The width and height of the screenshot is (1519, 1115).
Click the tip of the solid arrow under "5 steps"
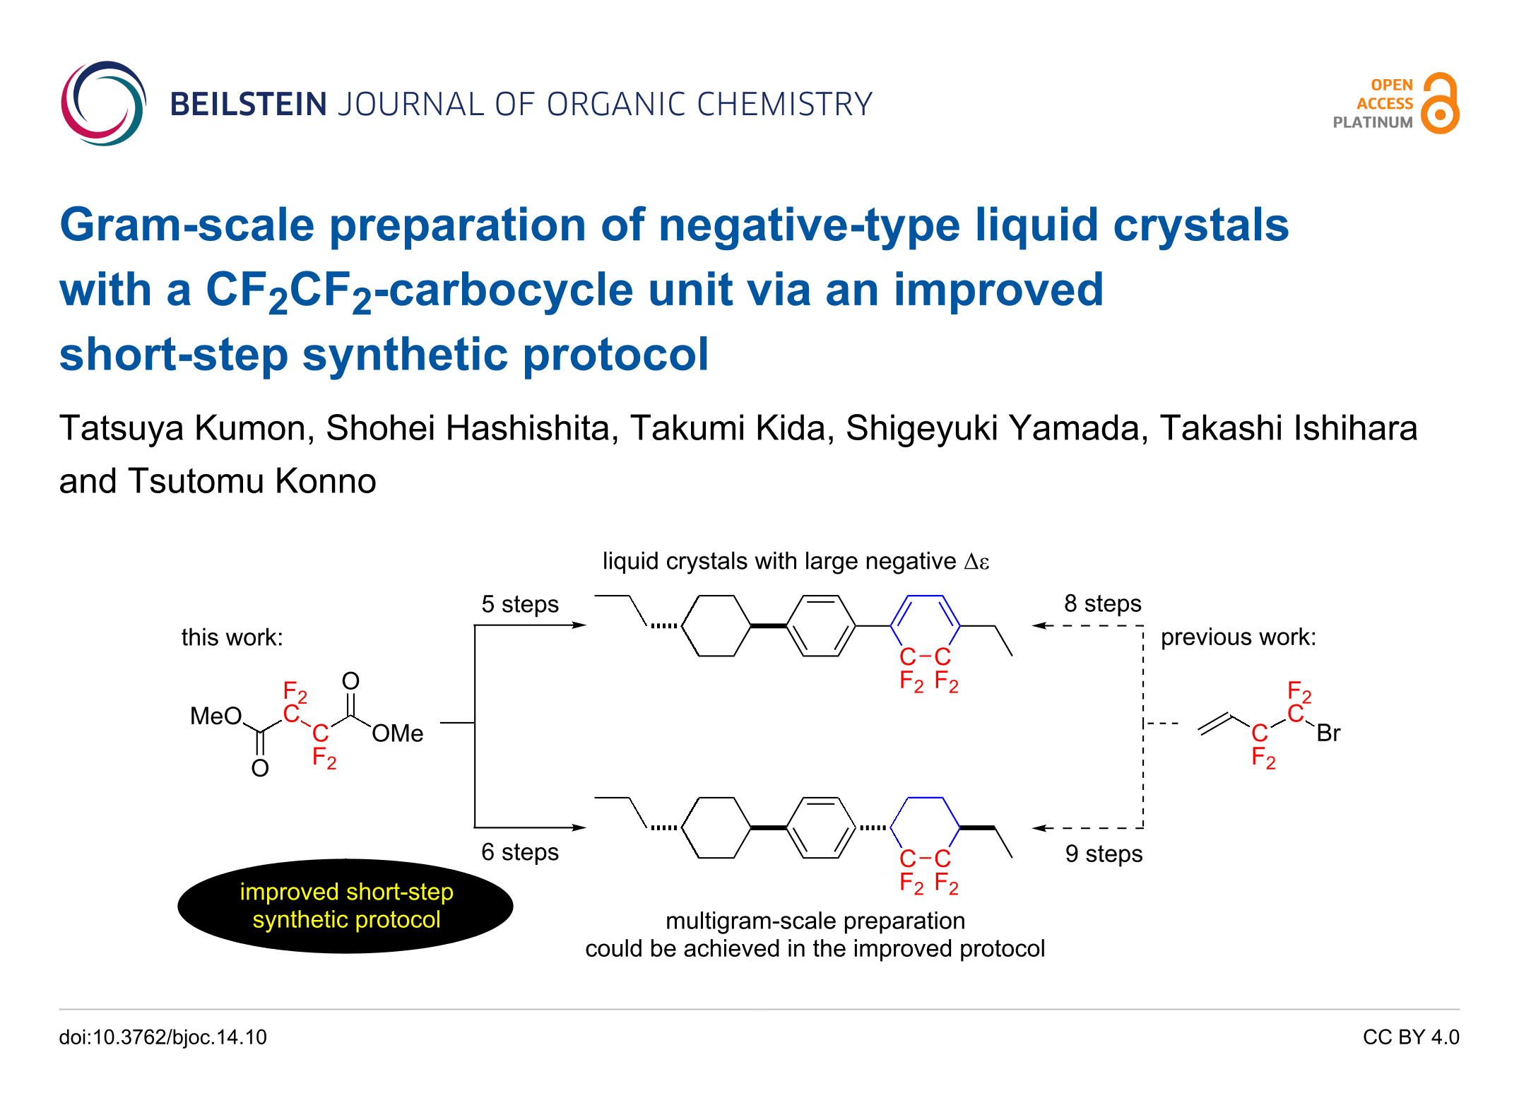point(586,625)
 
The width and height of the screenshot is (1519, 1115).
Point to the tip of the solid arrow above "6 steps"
point(586,827)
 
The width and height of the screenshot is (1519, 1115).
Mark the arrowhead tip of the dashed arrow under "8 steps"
point(1032,625)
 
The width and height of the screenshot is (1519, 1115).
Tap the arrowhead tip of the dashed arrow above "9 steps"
point(1032,828)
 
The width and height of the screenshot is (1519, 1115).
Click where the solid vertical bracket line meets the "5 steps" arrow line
point(475,625)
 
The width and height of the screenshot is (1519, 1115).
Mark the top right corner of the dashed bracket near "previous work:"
point(1143,625)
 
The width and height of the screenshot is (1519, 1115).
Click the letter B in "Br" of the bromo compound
point(1323,733)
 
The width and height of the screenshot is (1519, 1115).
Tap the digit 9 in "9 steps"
point(1072,854)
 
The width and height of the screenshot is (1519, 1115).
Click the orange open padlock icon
point(1440,103)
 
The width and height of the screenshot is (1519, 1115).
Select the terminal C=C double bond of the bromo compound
point(1216,724)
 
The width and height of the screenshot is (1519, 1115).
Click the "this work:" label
point(232,637)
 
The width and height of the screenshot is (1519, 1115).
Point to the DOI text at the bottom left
point(163,1037)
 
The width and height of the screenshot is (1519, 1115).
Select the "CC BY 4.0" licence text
point(1411,1037)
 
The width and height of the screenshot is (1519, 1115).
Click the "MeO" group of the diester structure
point(216,716)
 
